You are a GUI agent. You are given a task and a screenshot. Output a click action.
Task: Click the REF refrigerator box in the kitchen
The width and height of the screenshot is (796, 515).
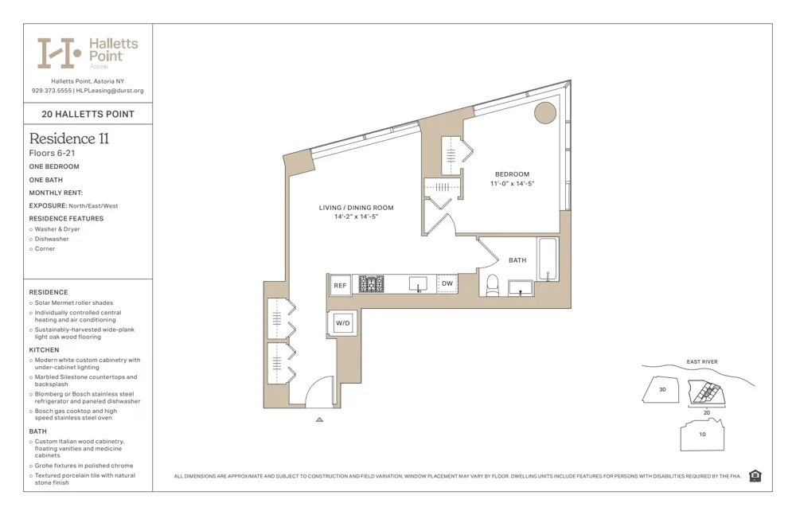pyautogui.click(x=340, y=285)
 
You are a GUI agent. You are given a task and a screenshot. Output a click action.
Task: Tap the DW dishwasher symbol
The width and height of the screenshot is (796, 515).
pyautogui.click(x=447, y=283)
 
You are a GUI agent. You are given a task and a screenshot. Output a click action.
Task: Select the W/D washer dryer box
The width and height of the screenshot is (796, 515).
pyautogui.click(x=343, y=323)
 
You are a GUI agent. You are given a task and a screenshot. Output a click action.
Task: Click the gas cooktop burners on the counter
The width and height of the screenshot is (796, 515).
pyautogui.click(x=371, y=284)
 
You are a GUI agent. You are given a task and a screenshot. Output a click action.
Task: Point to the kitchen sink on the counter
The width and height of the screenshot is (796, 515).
pyautogui.click(x=418, y=284)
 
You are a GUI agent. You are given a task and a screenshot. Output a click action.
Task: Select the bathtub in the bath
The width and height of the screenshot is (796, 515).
pyautogui.click(x=548, y=259)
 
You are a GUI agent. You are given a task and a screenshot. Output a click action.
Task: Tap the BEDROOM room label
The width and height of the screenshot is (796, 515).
pyautogui.click(x=512, y=174)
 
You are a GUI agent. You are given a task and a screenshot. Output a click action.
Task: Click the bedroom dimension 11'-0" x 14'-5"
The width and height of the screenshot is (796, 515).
pyautogui.click(x=512, y=184)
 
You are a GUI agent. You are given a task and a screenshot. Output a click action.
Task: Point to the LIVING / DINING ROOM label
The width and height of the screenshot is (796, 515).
pyautogui.click(x=356, y=208)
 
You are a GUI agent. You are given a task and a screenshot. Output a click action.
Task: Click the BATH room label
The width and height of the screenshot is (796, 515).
pyautogui.click(x=517, y=260)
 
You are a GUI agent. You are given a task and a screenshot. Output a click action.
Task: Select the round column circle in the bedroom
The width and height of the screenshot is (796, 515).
pyautogui.click(x=544, y=113)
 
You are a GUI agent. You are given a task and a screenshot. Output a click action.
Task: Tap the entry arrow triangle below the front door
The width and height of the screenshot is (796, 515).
pyautogui.click(x=319, y=419)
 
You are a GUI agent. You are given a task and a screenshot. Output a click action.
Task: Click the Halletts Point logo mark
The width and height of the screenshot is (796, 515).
pyautogui.click(x=60, y=53)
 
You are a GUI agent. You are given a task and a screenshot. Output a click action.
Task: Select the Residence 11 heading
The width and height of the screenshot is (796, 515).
pyautogui.click(x=69, y=139)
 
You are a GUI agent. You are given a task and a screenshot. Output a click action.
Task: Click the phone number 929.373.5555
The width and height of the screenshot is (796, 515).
pyautogui.click(x=52, y=91)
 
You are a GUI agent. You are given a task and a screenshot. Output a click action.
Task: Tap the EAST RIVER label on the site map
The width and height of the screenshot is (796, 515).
pyautogui.click(x=701, y=362)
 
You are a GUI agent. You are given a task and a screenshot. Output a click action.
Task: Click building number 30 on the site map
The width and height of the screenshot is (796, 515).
pyautogui.click(x=661, y=390)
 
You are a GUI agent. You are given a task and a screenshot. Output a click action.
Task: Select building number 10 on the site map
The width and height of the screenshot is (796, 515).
pyautogui.click(x=702, y=435)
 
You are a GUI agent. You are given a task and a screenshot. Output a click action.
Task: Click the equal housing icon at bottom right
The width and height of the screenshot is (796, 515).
pyautogui.click(x=755, y=476)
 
